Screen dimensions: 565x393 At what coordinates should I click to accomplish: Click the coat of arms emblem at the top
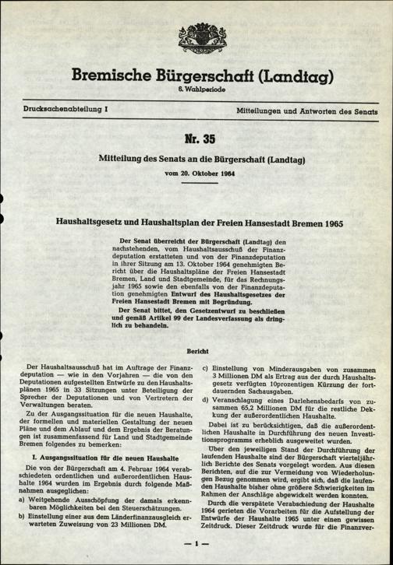(x=196, y=34)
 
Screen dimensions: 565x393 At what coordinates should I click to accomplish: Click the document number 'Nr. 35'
(x=196, y=141)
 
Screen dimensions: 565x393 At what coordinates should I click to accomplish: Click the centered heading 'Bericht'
(x=196, y=352)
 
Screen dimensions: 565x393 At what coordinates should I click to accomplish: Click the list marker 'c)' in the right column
(x=205, y=367)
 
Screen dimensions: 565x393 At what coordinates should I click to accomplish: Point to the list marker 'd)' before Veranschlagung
(x=205, y=401)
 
